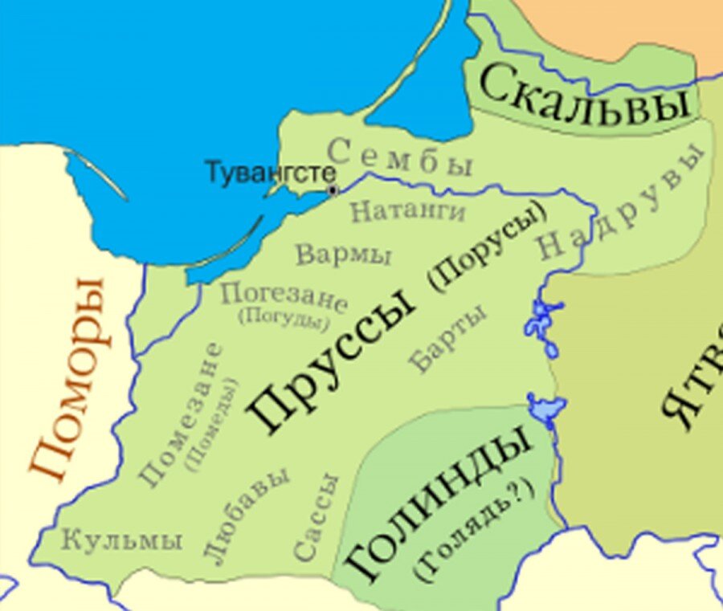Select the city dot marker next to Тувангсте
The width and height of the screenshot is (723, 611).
coord(332,190)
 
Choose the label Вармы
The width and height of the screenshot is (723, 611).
coord(343,255)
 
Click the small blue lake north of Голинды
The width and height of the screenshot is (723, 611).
coord(546,406)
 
